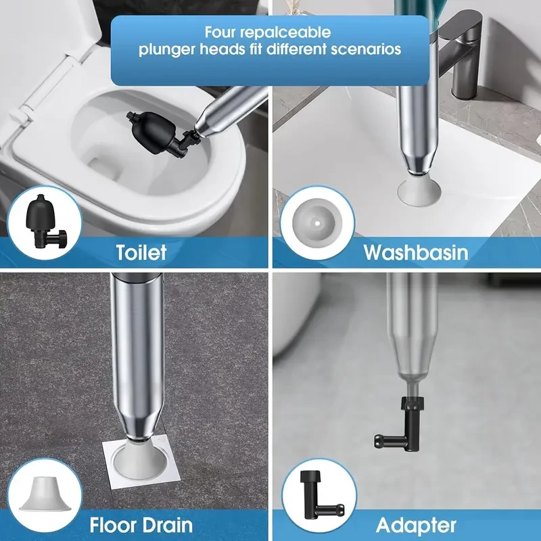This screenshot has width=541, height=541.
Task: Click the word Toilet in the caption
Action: point(141,252)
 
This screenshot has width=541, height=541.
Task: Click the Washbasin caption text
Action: point(415,252)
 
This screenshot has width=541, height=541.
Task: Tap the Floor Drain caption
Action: point(141,524)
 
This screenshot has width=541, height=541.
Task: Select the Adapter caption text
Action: point(415,524)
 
